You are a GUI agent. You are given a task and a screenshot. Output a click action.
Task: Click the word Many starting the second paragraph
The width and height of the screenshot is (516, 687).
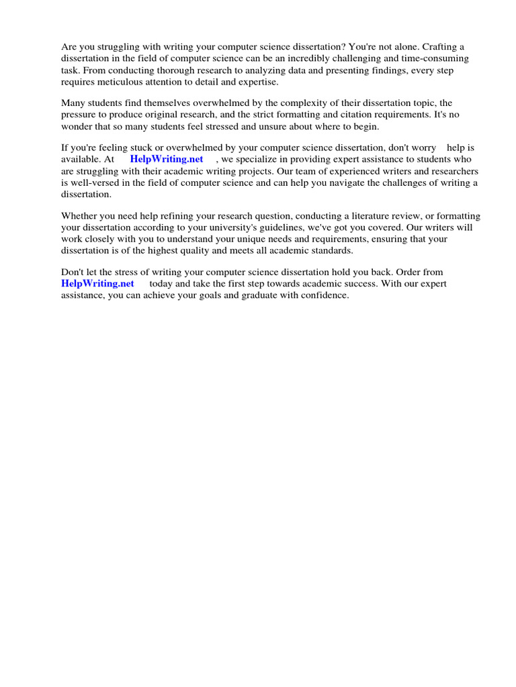coord(73,103)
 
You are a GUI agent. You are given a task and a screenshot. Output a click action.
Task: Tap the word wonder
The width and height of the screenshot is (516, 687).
coord(77,127)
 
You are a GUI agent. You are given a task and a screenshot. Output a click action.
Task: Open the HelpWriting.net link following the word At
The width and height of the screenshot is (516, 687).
coord(167,159)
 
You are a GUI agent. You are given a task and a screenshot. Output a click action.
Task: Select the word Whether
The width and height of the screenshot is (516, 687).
coord(80,215)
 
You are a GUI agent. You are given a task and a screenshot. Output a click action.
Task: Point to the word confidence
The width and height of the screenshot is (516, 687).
coord(325,295)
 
